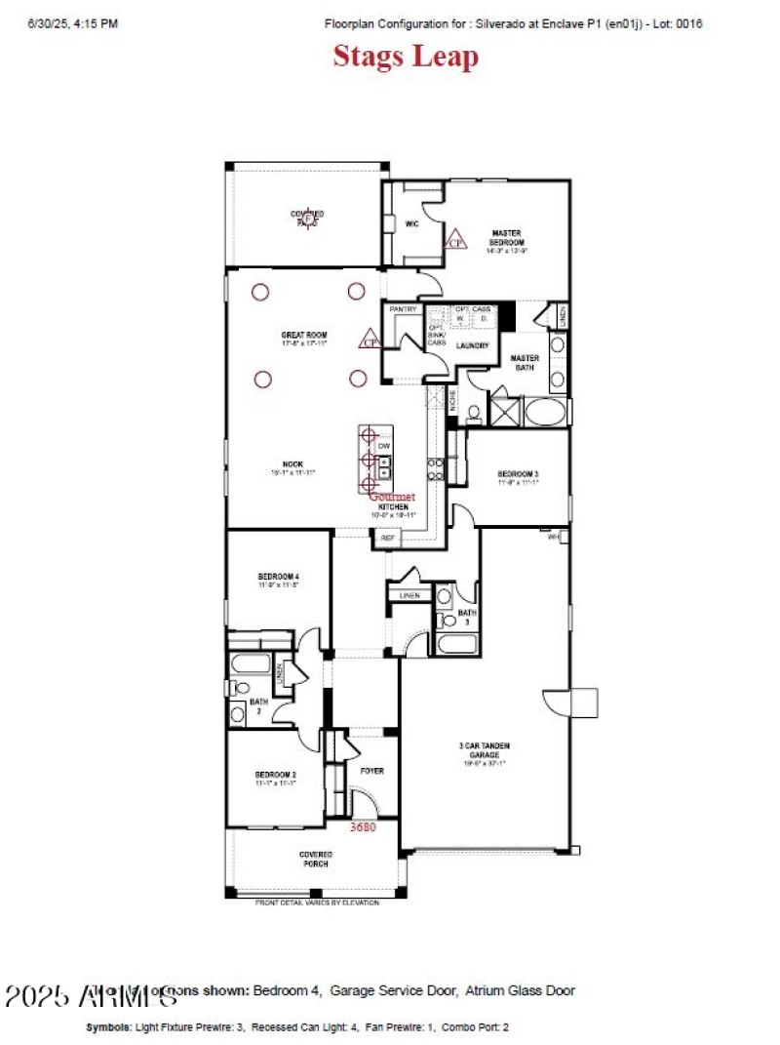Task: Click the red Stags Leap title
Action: [406, 57]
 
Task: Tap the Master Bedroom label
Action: [507, 236]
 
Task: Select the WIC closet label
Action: [411, 223]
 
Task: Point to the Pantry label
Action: [403, 309]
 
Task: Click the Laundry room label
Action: [472, 344]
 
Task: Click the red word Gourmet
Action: [392, 497]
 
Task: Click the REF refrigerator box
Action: [388, 537]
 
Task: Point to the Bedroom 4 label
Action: [279, 576]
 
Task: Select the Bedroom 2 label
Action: [277, 775]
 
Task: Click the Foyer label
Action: [371, 771]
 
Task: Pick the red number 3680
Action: [363, 826]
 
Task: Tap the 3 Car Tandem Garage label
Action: [485, 750]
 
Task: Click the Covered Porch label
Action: [315, 859]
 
